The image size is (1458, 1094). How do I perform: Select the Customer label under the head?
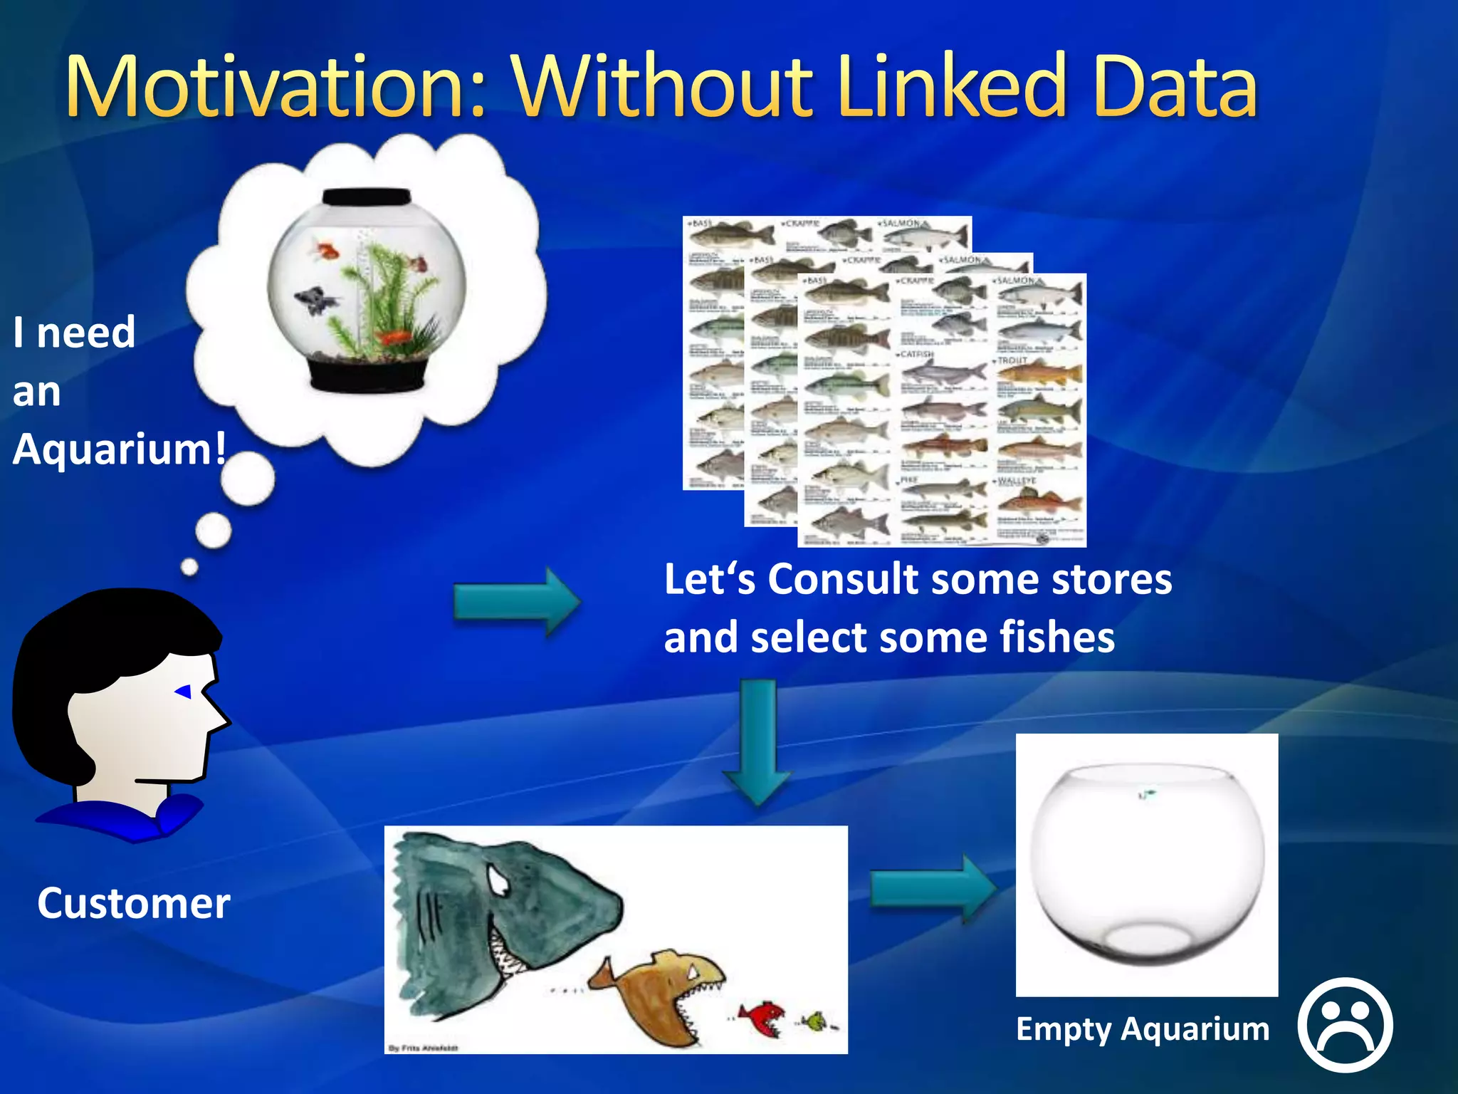[x=134, y=903]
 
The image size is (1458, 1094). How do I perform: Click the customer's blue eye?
[x=184, y=691]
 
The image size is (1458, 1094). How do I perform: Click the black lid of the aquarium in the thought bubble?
[x=367, y=197]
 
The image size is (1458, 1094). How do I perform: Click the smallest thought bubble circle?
[x=189, y=567]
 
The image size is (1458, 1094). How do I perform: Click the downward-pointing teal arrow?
[x=757, y=741]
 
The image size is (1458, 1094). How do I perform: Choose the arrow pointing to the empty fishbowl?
[x=933, y=890]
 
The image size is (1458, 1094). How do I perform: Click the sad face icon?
[x=1345, y=1025]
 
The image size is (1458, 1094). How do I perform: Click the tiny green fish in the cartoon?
[x=816, y=1023]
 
